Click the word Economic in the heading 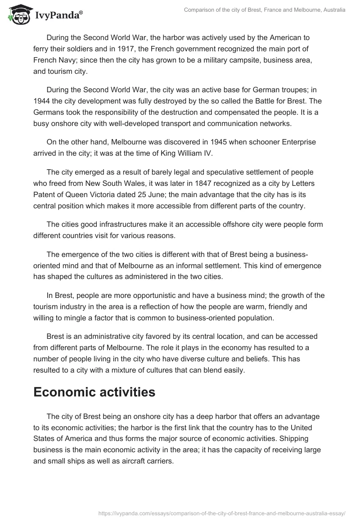(x=68, y=392)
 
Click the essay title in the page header (x=265, y=9)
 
